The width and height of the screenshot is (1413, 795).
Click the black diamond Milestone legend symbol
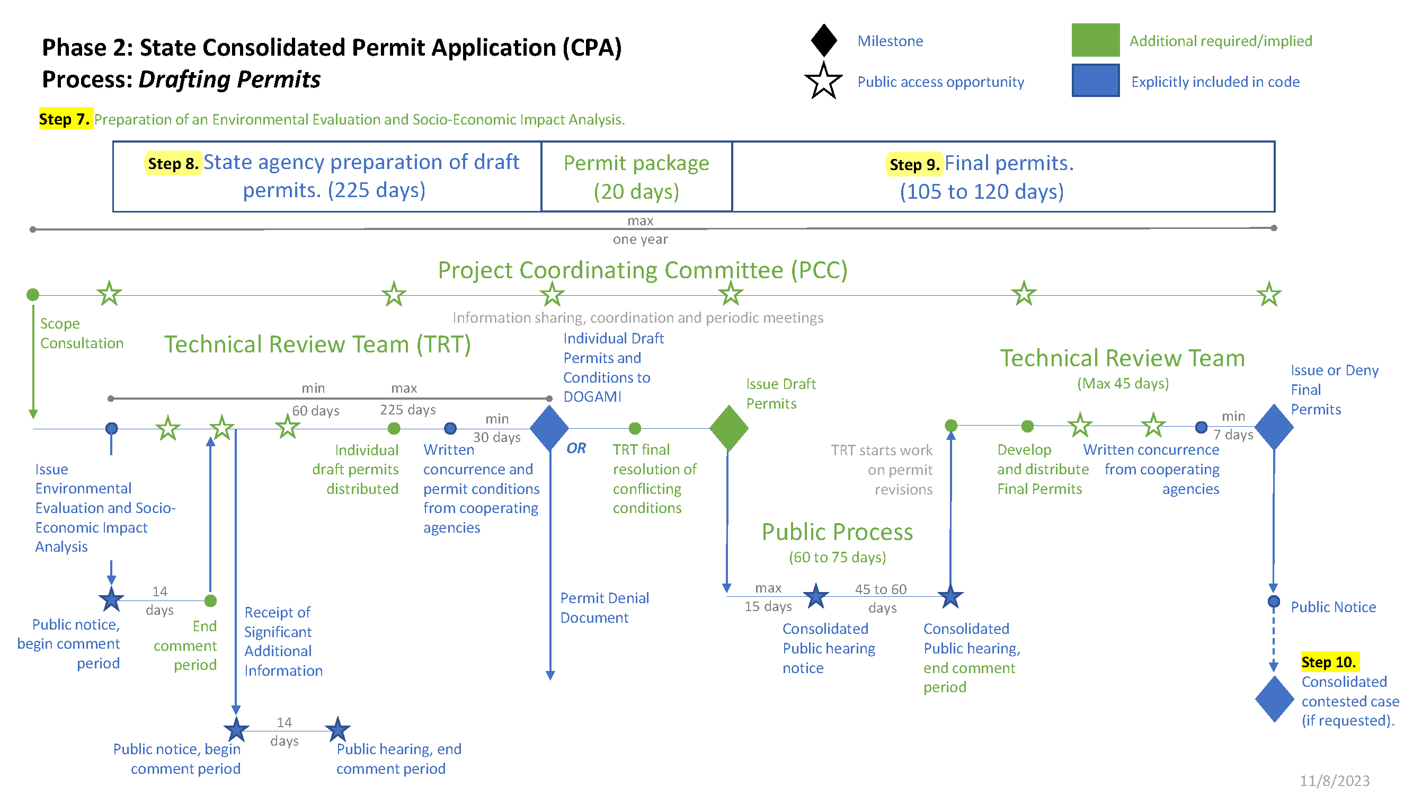[823, 40]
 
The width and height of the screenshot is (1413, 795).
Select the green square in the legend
[1095, 40]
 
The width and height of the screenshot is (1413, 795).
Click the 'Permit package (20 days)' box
[636, 176]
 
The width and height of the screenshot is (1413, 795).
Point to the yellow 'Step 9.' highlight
[914, 164]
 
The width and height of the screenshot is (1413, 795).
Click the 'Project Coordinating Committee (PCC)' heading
[642, 270]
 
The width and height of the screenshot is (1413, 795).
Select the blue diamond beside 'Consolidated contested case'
[1274, 699]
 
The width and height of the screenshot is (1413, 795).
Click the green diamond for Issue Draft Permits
[728, 428]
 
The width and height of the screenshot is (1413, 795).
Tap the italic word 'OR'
[576, 448]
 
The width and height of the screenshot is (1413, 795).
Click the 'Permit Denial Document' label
[605, 607]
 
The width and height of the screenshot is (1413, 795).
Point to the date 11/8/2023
[1334, 780]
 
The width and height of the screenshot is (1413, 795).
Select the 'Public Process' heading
[837, 532]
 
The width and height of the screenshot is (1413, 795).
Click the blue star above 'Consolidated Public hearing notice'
[816, 596]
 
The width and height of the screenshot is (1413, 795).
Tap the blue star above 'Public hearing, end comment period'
[337, 730]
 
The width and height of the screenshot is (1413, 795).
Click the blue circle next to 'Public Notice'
[1274, 602]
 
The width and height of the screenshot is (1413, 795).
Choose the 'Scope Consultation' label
[81, 333]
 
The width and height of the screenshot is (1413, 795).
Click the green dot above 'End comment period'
[210, 601]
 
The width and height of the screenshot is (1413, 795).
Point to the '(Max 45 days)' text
[1122, 383]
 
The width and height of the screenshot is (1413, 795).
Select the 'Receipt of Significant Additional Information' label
[283, 641]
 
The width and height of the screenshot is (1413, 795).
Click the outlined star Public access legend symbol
[823, 81]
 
